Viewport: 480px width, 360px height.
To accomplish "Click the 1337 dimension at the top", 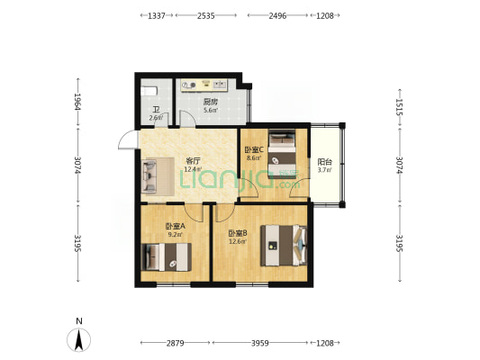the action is click(157, 15).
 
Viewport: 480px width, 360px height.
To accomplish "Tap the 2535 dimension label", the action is click(205, 15).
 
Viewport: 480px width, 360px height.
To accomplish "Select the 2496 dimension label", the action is click(277, 15).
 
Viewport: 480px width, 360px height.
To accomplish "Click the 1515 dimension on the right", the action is click(399, 107).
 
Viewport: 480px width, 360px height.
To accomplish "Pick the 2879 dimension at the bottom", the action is click(176, 343).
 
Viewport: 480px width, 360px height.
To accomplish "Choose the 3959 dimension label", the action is click(260, 343).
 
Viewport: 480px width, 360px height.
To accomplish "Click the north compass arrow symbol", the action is click(79, 340).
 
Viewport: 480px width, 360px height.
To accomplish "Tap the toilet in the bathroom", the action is click(149, 91).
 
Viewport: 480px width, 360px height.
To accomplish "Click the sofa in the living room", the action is click(158, 176).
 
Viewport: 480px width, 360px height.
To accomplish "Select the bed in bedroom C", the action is click(282, 154).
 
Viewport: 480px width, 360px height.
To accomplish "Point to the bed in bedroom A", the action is click(167, 256).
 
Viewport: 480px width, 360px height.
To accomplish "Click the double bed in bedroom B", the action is click(284, 246).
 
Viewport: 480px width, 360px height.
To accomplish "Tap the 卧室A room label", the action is click(176, 226).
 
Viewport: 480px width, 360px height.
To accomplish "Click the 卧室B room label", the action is click(238, 233).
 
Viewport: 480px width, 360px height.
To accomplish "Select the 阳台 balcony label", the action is click(325, 162).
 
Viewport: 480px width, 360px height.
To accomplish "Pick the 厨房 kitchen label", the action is click(211, 102).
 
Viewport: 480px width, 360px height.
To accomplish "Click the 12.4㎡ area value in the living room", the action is click(193, 169).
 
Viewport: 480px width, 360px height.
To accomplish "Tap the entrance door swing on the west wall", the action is click(127, 139).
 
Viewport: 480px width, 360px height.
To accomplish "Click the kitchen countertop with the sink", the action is click(204, 85).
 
